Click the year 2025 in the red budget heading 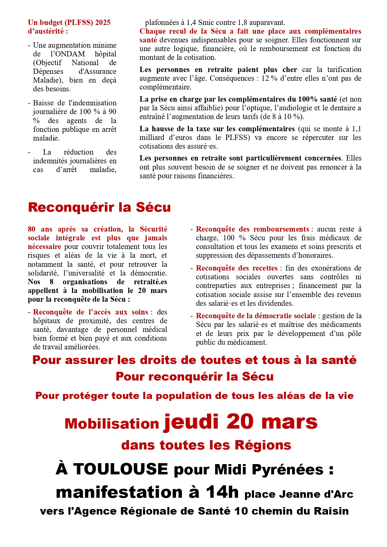coord(103,22)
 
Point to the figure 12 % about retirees coord(269,78)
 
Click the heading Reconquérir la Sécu coord(99,207)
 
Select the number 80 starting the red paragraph coord(32,229)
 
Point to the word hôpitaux coord(47,321)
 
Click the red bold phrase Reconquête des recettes coord(237,268)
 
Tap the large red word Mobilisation coord(112,424)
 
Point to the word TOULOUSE coord(120,469)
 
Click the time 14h coord(222,492)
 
